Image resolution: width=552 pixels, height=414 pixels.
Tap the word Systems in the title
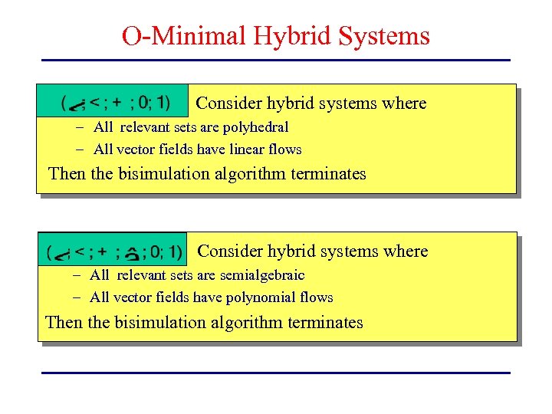388,36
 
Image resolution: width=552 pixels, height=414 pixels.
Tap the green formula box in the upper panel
115,101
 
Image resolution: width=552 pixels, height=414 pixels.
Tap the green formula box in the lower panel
113,250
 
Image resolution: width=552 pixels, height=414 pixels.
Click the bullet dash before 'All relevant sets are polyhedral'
79,127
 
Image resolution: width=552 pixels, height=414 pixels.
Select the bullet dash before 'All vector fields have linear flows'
79,149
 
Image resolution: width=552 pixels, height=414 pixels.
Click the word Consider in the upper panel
229,103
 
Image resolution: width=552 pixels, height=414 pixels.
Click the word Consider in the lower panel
231,251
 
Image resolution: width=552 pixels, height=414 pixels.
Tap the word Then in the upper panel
67,174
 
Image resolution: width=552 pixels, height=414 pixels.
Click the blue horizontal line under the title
275,60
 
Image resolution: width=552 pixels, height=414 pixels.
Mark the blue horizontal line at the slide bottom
275,373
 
